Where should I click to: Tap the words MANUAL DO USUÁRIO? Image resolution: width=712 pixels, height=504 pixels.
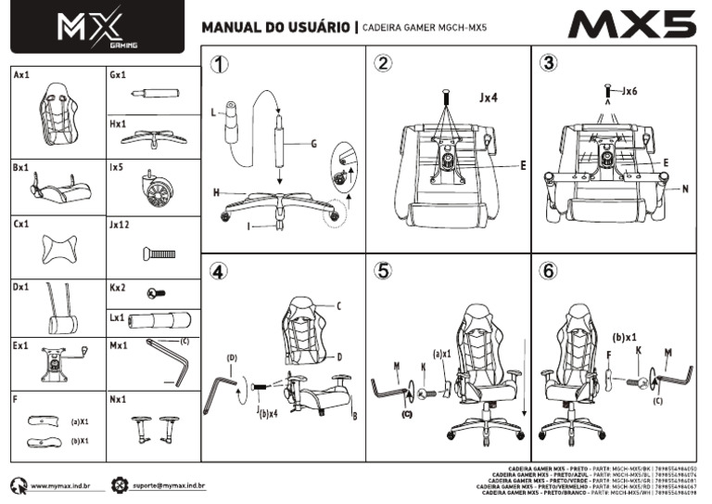(x=275, y=28)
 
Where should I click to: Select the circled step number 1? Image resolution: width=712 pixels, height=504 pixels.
(x=219, y=65)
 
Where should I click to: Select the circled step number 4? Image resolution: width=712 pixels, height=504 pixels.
(x=218, y=271)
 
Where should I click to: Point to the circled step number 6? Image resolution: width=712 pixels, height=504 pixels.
(x=550, y=271)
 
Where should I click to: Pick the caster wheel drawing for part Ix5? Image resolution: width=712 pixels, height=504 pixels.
(x=157, y=190)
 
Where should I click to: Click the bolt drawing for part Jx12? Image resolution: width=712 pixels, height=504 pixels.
(x=159, y=253)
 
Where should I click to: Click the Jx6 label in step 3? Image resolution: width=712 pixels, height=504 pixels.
(x=629, y=91)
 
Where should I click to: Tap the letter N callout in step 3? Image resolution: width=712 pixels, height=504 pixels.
(x=684, y=188)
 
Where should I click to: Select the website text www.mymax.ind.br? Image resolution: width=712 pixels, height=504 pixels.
(x=65, y=485)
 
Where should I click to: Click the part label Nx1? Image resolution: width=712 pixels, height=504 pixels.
(x=118, y=399)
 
